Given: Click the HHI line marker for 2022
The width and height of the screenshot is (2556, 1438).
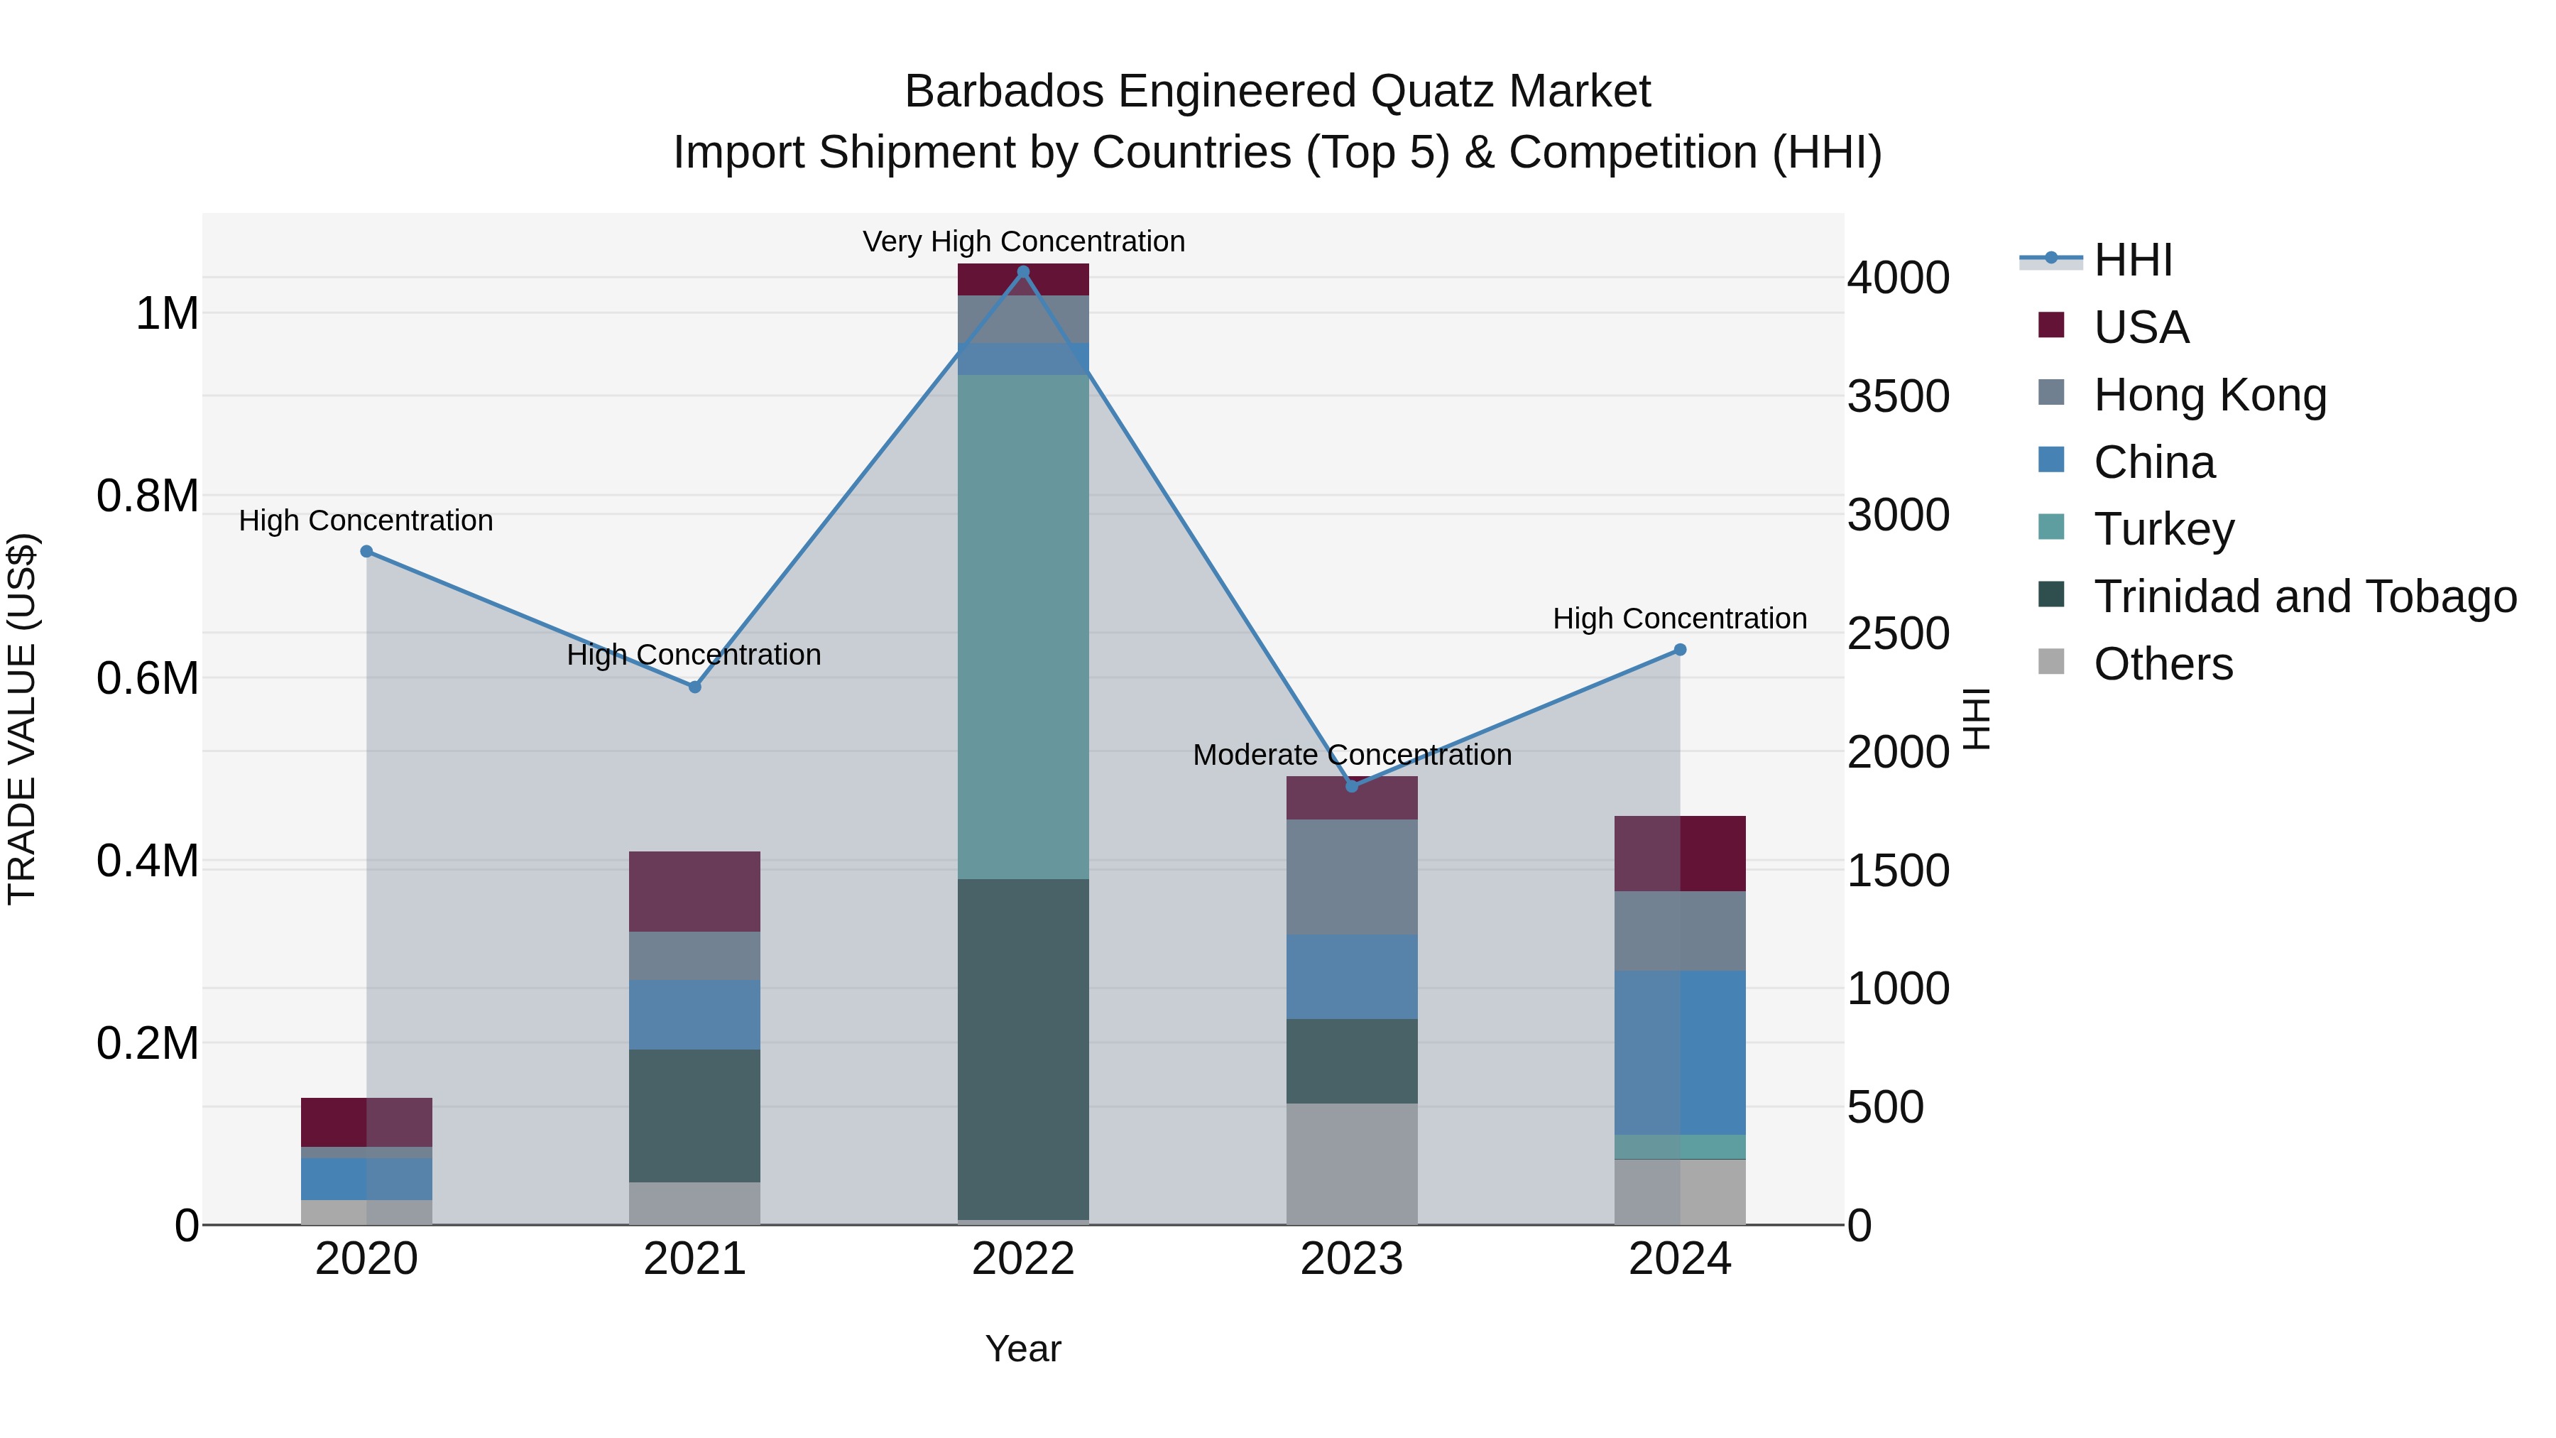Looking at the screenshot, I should point(1023,271).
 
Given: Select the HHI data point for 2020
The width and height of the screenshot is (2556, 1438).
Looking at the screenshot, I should point(366,551).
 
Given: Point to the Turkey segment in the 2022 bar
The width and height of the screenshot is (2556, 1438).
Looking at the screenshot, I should point(1023,625).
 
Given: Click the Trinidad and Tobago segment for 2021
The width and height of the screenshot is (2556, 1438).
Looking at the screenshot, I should point(694,1116).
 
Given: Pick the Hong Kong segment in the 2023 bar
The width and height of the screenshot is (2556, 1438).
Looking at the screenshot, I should point(1351,876).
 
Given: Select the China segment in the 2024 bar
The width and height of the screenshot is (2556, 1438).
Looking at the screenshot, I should point(1680,1052).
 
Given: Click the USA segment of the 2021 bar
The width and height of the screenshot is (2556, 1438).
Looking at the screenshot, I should point(694,891).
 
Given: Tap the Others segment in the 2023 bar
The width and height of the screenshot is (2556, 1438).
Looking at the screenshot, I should point(1351,1163).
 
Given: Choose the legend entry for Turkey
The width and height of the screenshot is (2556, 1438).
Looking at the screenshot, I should point(2163,529).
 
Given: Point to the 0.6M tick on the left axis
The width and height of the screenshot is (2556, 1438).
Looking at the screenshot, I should point(148,679).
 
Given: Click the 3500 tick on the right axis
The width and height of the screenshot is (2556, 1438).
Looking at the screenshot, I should point(1897,396).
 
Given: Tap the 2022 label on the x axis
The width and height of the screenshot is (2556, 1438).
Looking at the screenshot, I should point(1023,1259).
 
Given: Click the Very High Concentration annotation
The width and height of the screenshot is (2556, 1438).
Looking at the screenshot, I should point(1023,241).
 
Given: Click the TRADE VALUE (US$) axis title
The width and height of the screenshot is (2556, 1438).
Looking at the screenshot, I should point(22,719).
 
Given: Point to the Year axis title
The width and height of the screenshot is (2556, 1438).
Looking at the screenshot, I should point(1023,1349).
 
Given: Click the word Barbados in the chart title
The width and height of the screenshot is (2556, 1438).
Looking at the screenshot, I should point(1003,92).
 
